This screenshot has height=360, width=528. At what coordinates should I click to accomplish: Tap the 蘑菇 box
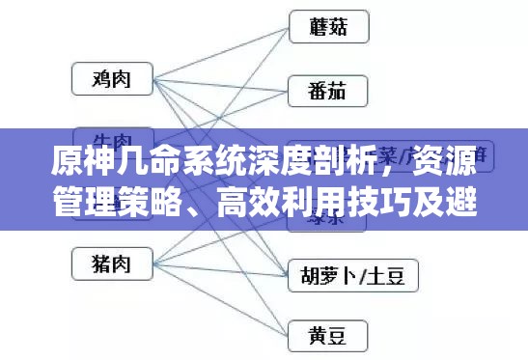(329, 27)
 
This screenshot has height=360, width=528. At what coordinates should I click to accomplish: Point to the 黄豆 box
(329, 336)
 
